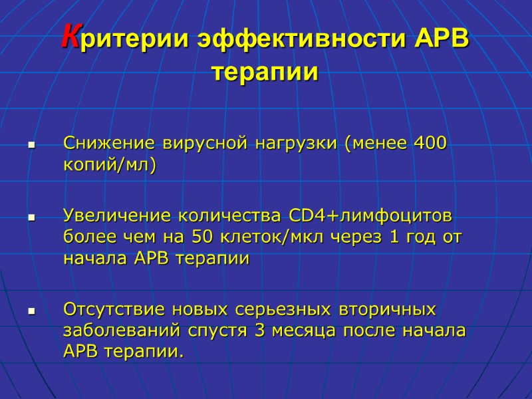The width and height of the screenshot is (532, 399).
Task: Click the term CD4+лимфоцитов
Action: (x=370, y=216)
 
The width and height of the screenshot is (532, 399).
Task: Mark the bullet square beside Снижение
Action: (x=30, y=144)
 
